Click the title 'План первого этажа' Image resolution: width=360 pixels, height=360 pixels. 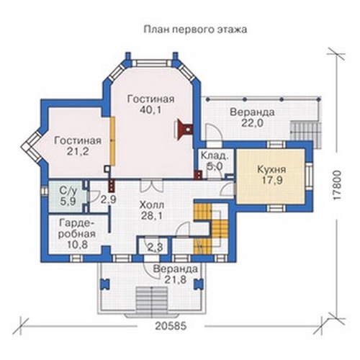point(195,30)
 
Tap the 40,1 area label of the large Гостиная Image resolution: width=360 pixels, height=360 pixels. point(150,110)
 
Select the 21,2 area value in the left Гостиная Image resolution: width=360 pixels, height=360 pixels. point(78,152)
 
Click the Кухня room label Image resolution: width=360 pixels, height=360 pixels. point(271,169)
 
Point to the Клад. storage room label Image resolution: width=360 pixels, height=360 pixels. point(214,156)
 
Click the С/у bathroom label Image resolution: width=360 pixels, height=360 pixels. point(68,191)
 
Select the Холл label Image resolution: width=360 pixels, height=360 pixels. point(152,205)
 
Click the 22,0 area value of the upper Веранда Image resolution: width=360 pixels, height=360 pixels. point(252,123)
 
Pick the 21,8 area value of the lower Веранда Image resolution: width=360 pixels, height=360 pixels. point(175,279)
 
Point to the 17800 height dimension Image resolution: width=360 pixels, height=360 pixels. point(337,185)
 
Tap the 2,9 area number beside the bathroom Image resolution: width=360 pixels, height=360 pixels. point(108,199)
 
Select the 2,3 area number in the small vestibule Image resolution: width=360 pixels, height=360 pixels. point(155,247)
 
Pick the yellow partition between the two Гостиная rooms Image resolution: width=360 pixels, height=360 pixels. point(112,141)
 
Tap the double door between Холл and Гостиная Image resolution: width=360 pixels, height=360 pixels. point(152,186)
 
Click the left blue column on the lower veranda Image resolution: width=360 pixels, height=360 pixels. point(104,284)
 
